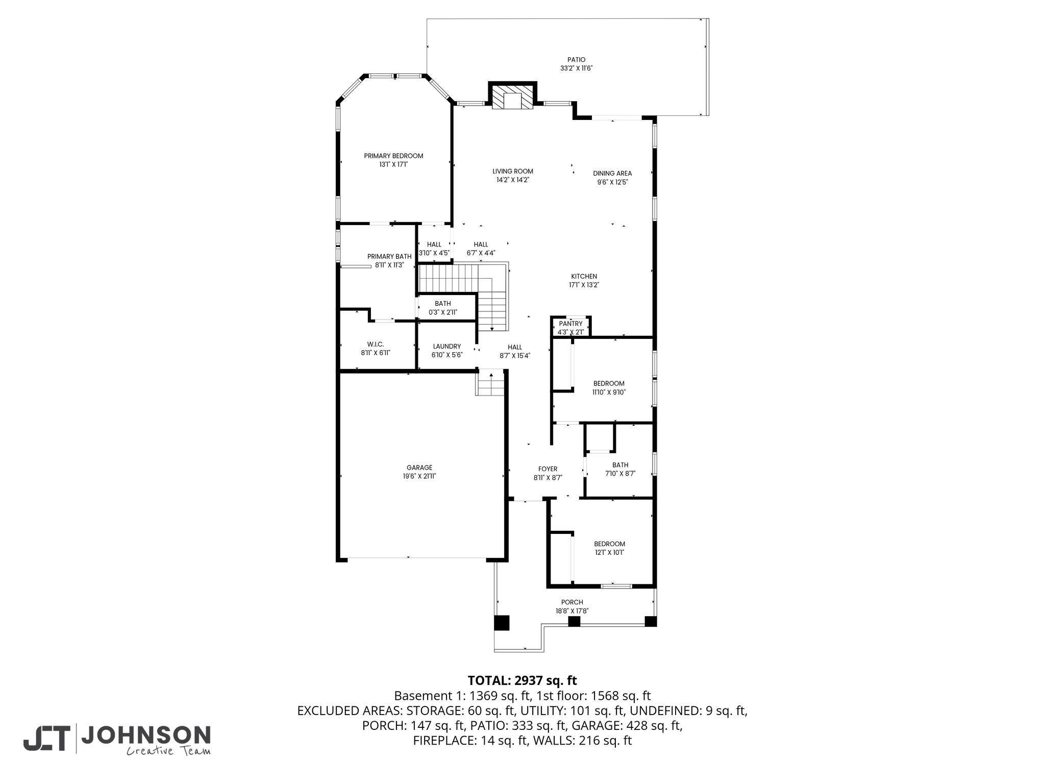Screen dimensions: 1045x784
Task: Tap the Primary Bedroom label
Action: [x=393, y=156]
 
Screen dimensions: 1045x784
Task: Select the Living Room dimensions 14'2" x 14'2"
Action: [x=513, y=180]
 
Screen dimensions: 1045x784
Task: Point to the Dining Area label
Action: [x=612, y=173]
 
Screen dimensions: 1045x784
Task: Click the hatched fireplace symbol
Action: [x=512, y=101]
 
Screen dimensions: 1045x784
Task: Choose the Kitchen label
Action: [x=584, y=276]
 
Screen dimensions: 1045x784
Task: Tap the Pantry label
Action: [x=570, y=324]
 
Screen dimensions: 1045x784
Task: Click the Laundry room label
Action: [x=446, y=346]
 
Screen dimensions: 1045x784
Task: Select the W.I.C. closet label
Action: [x=375, y=344]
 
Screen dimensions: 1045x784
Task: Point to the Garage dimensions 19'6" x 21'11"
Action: [x=419, y=476]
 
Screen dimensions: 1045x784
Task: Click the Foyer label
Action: [x=548, y=469]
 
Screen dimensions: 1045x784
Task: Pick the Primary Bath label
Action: [x=389, y=256]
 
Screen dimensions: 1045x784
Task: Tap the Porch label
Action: [x=572, y=602]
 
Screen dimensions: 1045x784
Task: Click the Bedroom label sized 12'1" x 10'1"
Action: [x=609, y=544]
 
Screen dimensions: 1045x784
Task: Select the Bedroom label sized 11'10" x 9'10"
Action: [x=609, y=383]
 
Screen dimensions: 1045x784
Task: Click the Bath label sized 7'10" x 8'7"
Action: [x=620, y=465]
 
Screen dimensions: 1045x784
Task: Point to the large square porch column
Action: [x=502, y=623]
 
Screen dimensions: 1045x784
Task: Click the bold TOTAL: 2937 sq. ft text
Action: [x=522, y=680]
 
